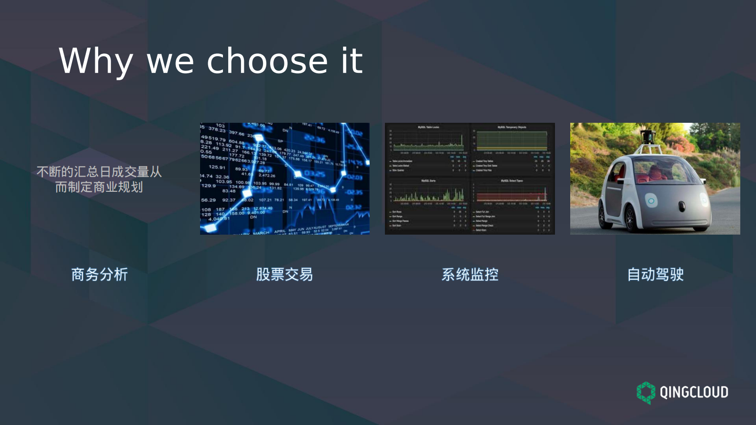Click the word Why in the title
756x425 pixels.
pos(95,61)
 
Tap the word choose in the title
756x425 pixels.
pos(267,61)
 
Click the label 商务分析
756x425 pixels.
pos(100,275)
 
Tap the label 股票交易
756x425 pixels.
pos(284,275)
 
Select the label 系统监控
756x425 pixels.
pos(470,275)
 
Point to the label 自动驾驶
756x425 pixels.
pos(655,275)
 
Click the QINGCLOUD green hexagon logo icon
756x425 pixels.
pos(646,393)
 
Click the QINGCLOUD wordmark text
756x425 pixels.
pos(694,393)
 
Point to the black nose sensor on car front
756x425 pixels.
pos(682,206)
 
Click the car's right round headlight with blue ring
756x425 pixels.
pos(651,201)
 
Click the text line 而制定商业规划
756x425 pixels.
pos(99,187)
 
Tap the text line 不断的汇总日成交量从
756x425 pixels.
pos(99,172)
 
